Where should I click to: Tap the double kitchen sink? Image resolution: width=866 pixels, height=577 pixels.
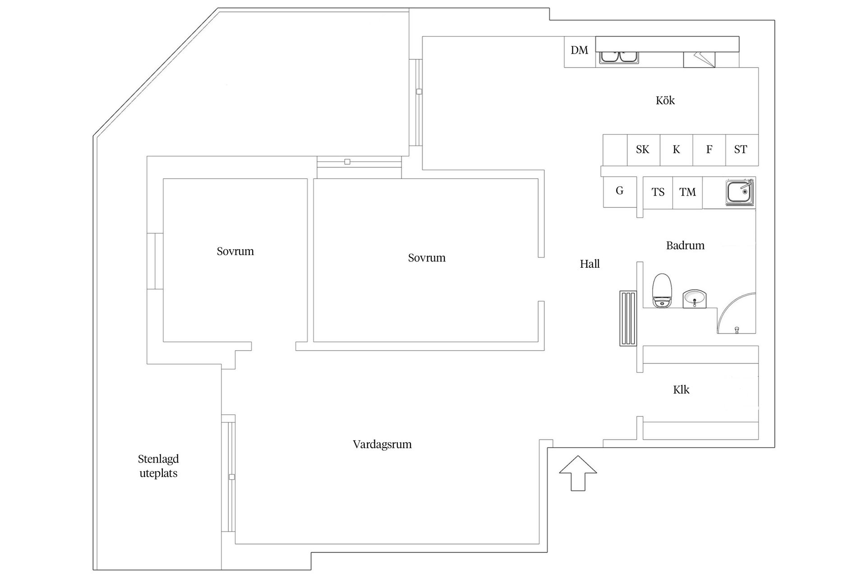[618, 57]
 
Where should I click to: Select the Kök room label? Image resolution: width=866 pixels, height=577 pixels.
[665, 100]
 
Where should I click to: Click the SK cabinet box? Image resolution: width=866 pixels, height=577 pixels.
[643, 150]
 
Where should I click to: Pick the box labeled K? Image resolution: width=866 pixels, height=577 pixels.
[676, 150]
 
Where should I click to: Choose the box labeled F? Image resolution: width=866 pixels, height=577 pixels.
[709, 150]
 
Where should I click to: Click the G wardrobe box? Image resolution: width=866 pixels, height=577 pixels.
[620, 192]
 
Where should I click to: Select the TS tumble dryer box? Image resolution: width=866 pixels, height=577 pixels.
[658, 192]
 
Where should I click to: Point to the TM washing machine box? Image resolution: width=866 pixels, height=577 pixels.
[687, 192]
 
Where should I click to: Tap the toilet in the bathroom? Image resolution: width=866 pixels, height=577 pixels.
[662, 290]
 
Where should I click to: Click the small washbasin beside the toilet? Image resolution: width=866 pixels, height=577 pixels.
[694, 299]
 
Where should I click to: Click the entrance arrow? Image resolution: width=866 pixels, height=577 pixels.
[578, 473]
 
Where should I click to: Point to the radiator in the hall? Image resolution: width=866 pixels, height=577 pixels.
[628, 318]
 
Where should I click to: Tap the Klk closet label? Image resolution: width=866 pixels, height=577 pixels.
[681, 389]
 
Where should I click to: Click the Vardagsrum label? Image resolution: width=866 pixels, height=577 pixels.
[382, 444]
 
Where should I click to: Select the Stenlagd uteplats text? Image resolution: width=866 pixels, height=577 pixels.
[158, 466]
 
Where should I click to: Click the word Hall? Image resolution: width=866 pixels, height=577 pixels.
[590, 264]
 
